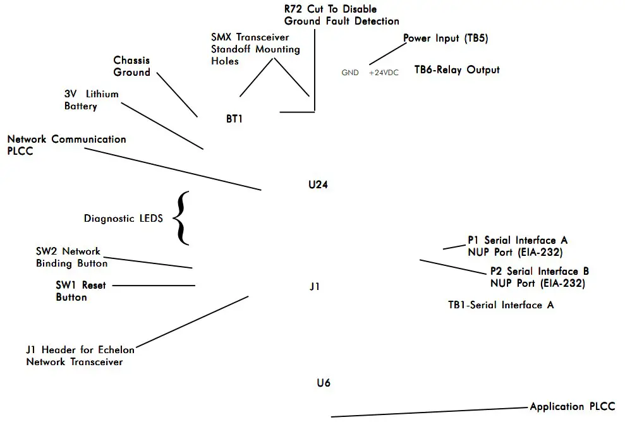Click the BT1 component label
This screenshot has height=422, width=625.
(x=234, y=118)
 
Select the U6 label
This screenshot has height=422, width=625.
(x=324, y=383)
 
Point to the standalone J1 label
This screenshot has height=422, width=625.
(x=315, y=286)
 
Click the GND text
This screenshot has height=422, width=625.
(x=350, y=73)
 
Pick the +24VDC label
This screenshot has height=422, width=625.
(x=384, y=73)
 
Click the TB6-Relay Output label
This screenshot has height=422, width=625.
(x=457, y=69)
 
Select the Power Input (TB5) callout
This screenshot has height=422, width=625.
(x=446, y=39)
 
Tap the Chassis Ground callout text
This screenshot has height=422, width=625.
(x=132, y=66)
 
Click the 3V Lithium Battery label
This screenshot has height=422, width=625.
(x=91, y=100)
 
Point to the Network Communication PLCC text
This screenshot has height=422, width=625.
(x=66, y=145)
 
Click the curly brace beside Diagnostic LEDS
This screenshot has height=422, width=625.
(x=181, y=218)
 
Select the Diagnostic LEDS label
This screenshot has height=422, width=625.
(x=123, y=219)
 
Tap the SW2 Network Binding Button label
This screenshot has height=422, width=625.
(x=71, y=257)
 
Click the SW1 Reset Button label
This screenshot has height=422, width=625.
(x=80, y=291)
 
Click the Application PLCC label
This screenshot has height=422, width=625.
(x=572, y=406)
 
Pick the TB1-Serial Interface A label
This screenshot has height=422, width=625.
(x=501, y=305)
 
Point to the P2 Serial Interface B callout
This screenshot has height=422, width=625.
(x=539, y=277)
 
